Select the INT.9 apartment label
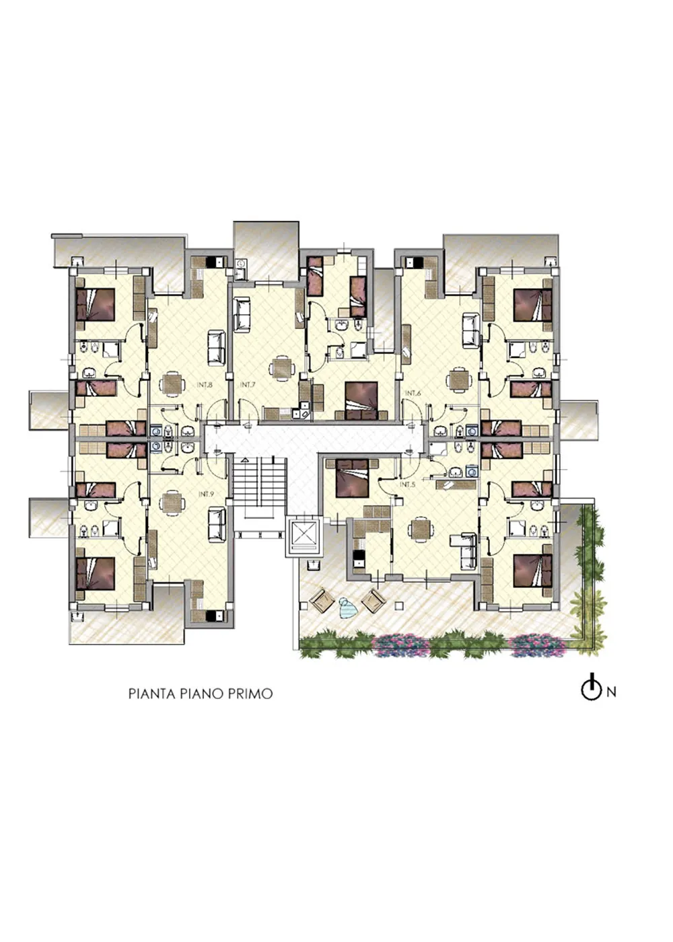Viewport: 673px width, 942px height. pos(206,494)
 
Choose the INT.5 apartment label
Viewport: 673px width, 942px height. pos(407,484)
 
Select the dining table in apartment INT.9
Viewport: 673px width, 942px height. pos(172,503)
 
